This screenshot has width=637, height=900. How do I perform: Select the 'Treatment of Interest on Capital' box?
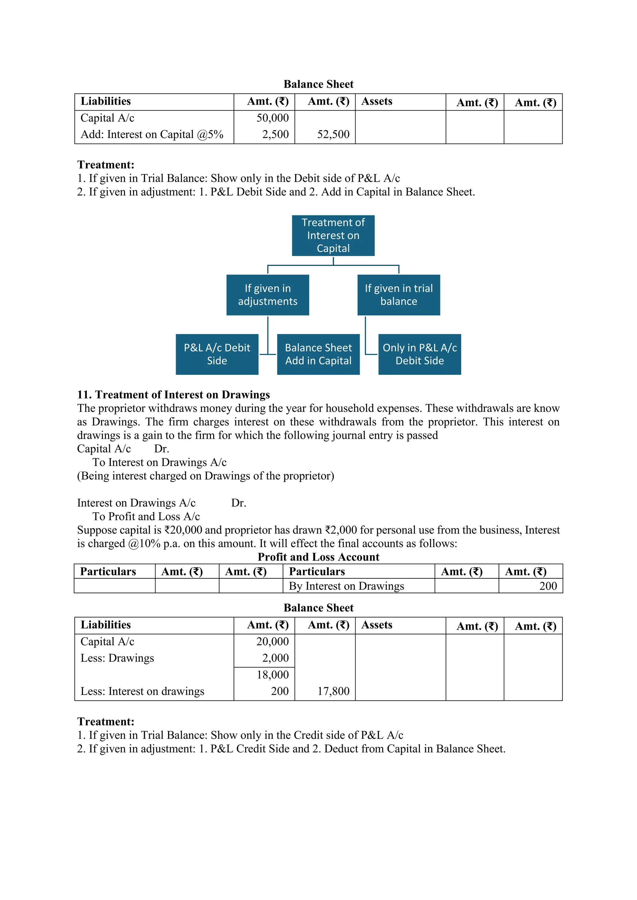[333, 236]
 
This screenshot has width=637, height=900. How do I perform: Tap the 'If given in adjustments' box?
[267, 295]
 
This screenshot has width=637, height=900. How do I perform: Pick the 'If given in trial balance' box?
[398, 295]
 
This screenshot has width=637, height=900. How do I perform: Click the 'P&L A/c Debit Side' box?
[217, 354]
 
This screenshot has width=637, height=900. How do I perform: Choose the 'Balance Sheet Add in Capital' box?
[318, 354]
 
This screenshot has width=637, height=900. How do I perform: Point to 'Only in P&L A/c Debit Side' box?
[419, 354]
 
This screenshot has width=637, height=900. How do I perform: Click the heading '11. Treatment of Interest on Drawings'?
[173, 395]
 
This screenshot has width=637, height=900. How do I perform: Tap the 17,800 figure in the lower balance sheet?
[333, 691]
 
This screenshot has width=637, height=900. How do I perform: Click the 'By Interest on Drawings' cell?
[346, 586]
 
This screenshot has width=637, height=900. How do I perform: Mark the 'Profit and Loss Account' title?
[318, 557]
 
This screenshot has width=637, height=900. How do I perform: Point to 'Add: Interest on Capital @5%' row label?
[152, 135]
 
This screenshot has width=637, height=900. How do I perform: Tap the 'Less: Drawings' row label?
[117, 658]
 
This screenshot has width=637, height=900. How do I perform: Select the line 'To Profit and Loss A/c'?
[146, 517]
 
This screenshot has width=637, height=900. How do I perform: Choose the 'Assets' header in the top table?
[377, 102]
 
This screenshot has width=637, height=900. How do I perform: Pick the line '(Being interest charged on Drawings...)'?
[206, 476]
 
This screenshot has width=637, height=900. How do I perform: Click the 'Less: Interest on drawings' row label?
[142, 691]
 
